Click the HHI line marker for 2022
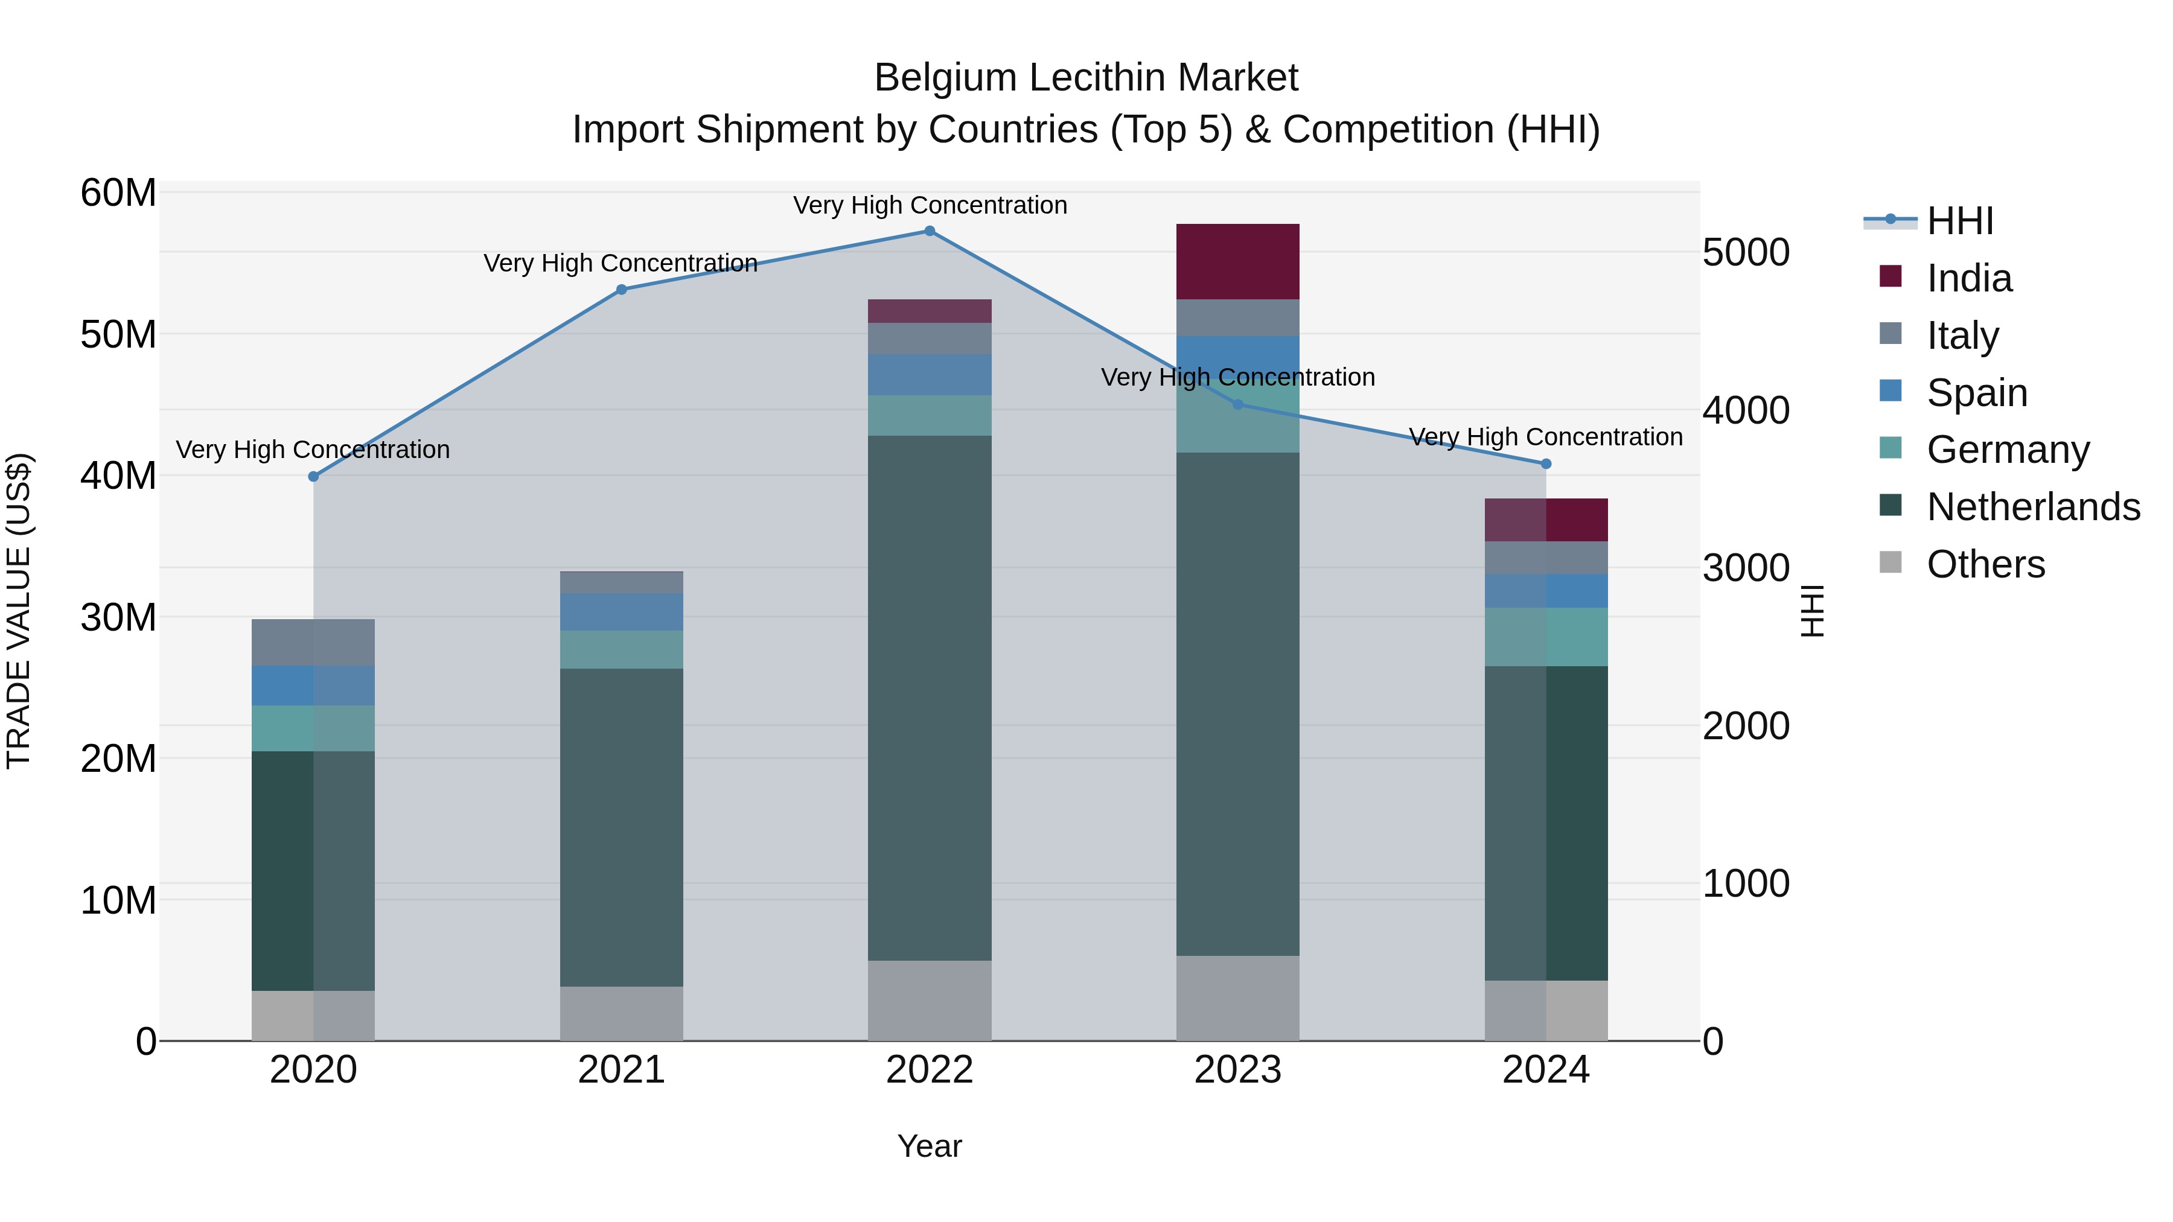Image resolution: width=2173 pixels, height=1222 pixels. pyautogui.click(x=930, y=231)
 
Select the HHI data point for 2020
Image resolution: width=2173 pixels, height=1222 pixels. pyautogui.click(x=314, y=477)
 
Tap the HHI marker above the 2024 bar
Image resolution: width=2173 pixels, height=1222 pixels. pyautogui.click(x=1546, y=464)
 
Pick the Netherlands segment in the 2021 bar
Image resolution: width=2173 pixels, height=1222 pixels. pyautogui.click(x=622, y=827)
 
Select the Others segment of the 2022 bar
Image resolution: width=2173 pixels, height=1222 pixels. pyautogui.click(x=930, y=1000)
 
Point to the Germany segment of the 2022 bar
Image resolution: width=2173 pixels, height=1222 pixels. pyautogui.click(x=930, y=415)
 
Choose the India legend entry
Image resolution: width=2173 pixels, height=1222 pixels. pyautogui.click(x=1970, y=278)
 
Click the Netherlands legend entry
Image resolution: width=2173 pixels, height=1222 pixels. pyautogui.click(x=2033, y=507)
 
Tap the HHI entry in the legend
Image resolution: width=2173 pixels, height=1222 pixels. pyautogui.click(x=1959, y=221)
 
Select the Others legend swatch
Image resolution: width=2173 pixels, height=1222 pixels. pyautogui.click(x=1891, y=562)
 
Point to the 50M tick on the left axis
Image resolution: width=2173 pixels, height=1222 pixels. pyautogui.click(x=118, y=335)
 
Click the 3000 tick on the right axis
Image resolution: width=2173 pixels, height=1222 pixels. pyautogui.click(x=1745, y=568)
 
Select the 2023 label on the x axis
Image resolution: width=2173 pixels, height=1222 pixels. pyautogui.click(x=1237, y=1070)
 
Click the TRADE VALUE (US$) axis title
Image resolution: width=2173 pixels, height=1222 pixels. pyautogui.click(x=19, y=611)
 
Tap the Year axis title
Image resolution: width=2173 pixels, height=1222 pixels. pyautogui.click(x=930, y=1146)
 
